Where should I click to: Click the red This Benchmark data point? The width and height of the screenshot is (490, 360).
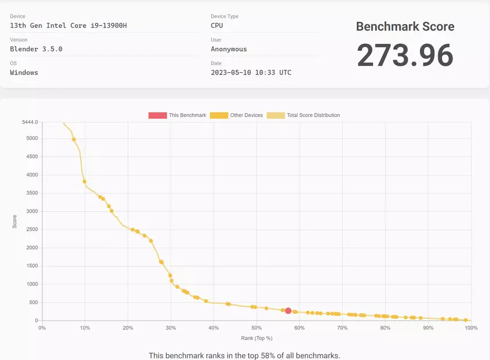(288, 311)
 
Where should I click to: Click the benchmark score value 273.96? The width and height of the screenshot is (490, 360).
(405, 55)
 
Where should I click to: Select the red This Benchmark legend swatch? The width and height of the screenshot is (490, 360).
(157, 115)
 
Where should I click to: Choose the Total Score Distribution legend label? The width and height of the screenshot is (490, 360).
(313, 115)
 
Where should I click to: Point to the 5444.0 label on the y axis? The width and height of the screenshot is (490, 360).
(30, 122)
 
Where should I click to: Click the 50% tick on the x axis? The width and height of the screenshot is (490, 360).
(257, 328)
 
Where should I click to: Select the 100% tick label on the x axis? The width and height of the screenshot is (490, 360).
(470, 328)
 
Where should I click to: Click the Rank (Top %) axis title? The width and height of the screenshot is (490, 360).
(257, 338)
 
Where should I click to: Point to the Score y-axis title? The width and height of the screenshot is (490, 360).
(14, 222)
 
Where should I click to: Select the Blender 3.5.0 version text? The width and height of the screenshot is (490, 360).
(36, 49)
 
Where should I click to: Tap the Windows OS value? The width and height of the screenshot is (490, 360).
(24, 73)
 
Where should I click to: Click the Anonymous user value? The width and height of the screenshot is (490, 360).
(229, 49)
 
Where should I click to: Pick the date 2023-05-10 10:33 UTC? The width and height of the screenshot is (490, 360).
(251, 73)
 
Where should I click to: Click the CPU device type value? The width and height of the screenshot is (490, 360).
(217, 25)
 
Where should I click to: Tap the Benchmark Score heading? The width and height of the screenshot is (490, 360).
(405, 27)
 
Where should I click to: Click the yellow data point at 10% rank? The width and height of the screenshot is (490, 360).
(85, 182)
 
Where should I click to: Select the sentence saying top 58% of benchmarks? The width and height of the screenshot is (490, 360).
(244, 355)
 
